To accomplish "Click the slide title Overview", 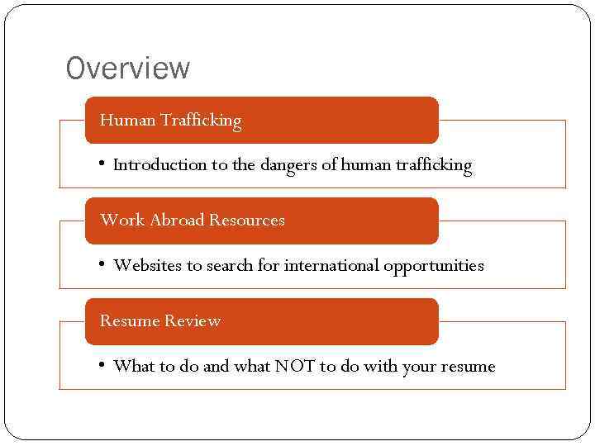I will pos(128,69).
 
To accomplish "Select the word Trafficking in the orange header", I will pos(201,121).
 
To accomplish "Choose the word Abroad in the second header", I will pos(177,221).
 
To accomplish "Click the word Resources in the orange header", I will pos(246,221).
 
